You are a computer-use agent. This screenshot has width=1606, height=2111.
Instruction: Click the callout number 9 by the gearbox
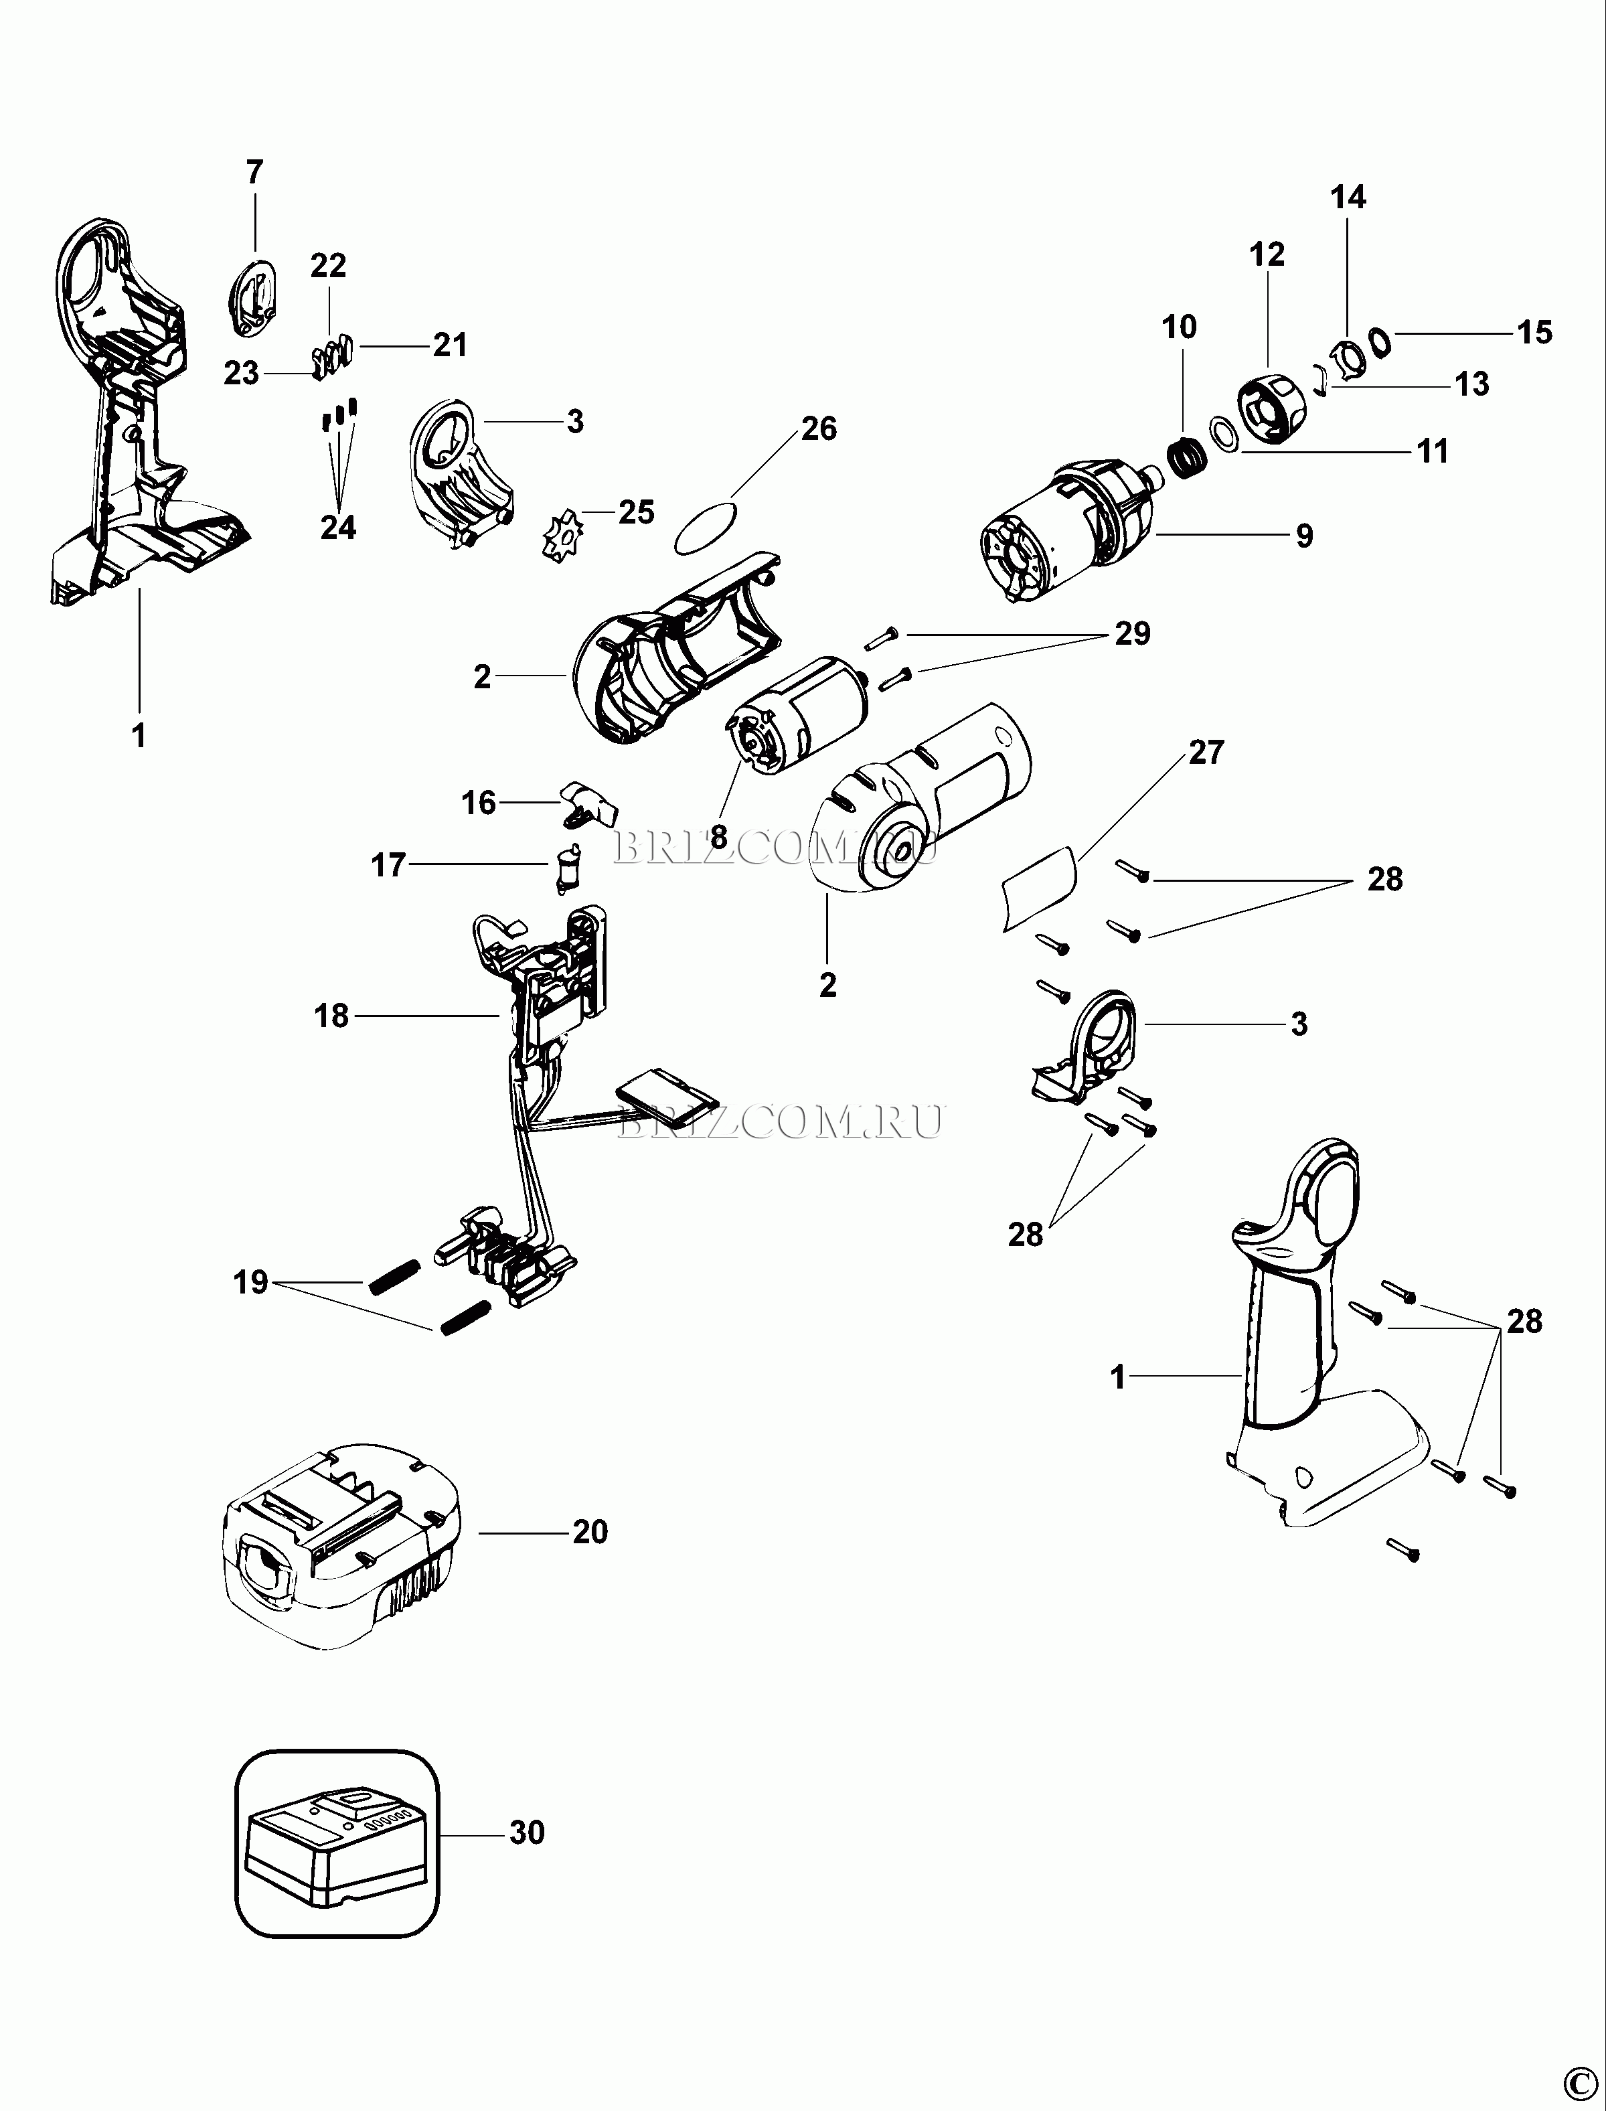[x=1305, y=536]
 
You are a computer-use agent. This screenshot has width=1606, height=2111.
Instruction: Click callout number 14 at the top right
[x=1349, y=198]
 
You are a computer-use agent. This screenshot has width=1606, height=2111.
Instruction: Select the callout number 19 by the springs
[x=250, y=1282]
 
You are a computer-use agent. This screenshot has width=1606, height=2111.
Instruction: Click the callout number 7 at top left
[x=254, y=173]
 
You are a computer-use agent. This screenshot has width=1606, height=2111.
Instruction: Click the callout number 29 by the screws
[x=1133, y=634]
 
